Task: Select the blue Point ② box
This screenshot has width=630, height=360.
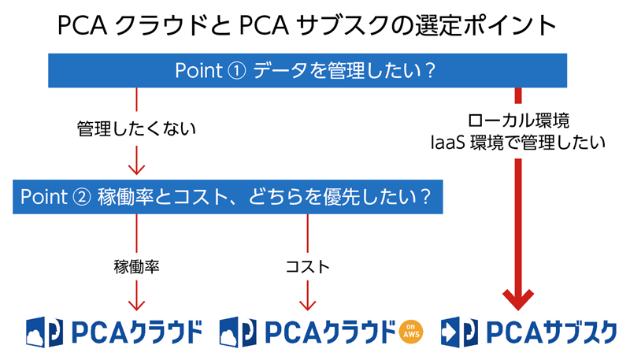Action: click(228, 196)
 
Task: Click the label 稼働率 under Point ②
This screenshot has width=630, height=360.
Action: click(137, 266)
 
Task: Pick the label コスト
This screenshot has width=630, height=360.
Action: click(306, 266)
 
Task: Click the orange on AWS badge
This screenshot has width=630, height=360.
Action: click(410, 332)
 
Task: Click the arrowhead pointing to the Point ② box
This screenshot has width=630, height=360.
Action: click(137, 168)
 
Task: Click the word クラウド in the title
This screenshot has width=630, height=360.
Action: click(158, 27)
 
